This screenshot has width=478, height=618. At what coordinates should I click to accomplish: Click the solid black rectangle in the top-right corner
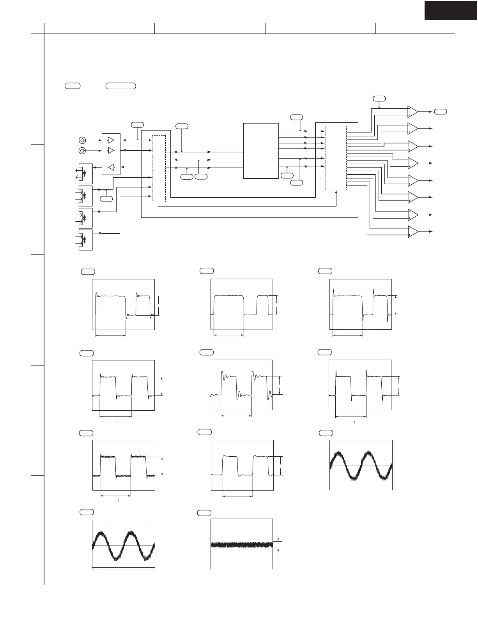click(x=451, y=10)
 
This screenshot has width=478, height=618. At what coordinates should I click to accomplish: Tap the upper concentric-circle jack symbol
click(x=82, y=140)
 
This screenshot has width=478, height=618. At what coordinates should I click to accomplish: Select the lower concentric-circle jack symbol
click(x=82, y=151)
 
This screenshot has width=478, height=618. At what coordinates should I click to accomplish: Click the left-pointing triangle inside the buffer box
click(x=111, y=167)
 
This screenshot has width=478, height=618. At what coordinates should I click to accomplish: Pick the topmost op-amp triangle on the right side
click(x=412, y=111)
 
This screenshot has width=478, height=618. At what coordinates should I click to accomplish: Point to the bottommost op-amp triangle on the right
click(x=412, y=232)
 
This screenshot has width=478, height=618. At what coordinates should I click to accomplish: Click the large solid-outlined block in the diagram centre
click(x=261, y=151)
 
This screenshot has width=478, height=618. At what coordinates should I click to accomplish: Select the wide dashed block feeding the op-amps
click(x=336, y=158)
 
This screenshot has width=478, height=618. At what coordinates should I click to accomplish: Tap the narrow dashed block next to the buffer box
click(x=159, y=168)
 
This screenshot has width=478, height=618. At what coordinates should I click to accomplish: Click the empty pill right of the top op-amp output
click(x=441, y=112)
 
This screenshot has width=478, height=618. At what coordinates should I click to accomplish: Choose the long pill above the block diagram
click(x=121, y=86)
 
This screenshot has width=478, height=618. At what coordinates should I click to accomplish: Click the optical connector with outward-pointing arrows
click(x=85, y=173)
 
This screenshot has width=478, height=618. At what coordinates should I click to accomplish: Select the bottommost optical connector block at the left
click(x=85, y=240)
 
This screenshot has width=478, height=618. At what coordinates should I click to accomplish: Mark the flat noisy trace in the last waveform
click(x=242, y=544)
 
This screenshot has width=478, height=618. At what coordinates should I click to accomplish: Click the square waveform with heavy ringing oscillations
click(x=241, y=385)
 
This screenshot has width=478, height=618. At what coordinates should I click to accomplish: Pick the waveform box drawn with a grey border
click(x=241, y=304)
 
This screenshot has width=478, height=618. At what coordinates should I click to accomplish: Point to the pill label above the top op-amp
click(x=379, y=98)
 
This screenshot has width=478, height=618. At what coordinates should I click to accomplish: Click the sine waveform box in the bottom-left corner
click(x=124, y=545)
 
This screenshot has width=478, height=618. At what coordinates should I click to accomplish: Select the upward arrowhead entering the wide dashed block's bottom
click(x=336, y=192)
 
